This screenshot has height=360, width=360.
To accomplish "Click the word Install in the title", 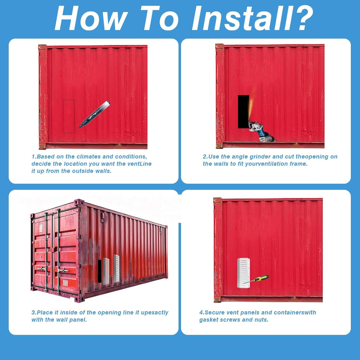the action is tap(243, 18).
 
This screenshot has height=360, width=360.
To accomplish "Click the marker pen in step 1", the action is tap(94, 114).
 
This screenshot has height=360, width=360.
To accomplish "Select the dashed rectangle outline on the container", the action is tap(69, 116).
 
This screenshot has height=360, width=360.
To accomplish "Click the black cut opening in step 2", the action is tap(244, 111).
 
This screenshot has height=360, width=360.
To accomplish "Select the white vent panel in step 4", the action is tap(244, 273).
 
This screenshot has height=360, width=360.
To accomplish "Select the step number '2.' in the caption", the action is tap(205, 156).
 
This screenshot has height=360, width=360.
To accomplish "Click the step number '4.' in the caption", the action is tap(202, 313).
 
